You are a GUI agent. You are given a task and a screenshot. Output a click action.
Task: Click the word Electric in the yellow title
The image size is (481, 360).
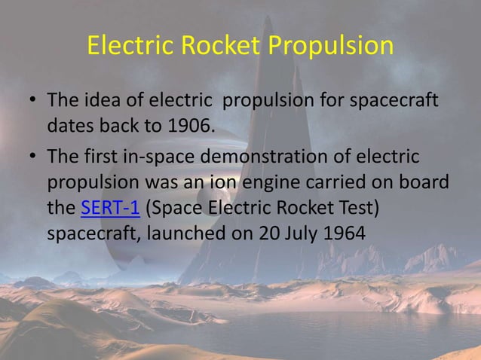tap(130, 47)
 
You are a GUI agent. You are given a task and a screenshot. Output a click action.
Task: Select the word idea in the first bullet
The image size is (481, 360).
tap(97, 100)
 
